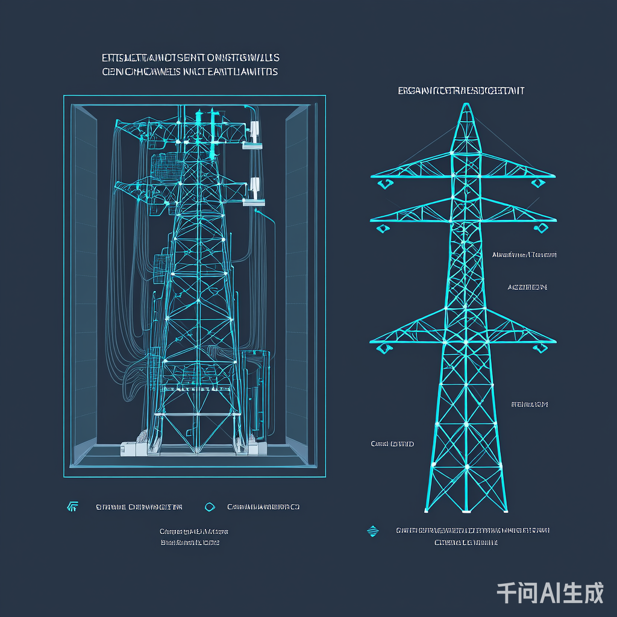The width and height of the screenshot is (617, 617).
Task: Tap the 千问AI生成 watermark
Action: pos(550,593)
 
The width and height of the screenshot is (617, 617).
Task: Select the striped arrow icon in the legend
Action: pos(72,507)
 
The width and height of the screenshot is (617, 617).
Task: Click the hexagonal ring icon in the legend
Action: pos(210,507)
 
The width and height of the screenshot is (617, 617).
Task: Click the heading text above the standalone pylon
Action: pos(461,91)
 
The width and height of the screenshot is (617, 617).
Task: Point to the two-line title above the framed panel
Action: pos(190,64)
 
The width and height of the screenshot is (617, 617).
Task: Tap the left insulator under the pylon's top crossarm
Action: pos(381,184)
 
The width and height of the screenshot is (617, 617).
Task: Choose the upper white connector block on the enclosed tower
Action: pos(254,131)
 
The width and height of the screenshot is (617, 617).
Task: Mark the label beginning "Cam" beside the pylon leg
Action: pos(392,444)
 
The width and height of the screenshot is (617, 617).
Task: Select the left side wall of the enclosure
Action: pos(84,283)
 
